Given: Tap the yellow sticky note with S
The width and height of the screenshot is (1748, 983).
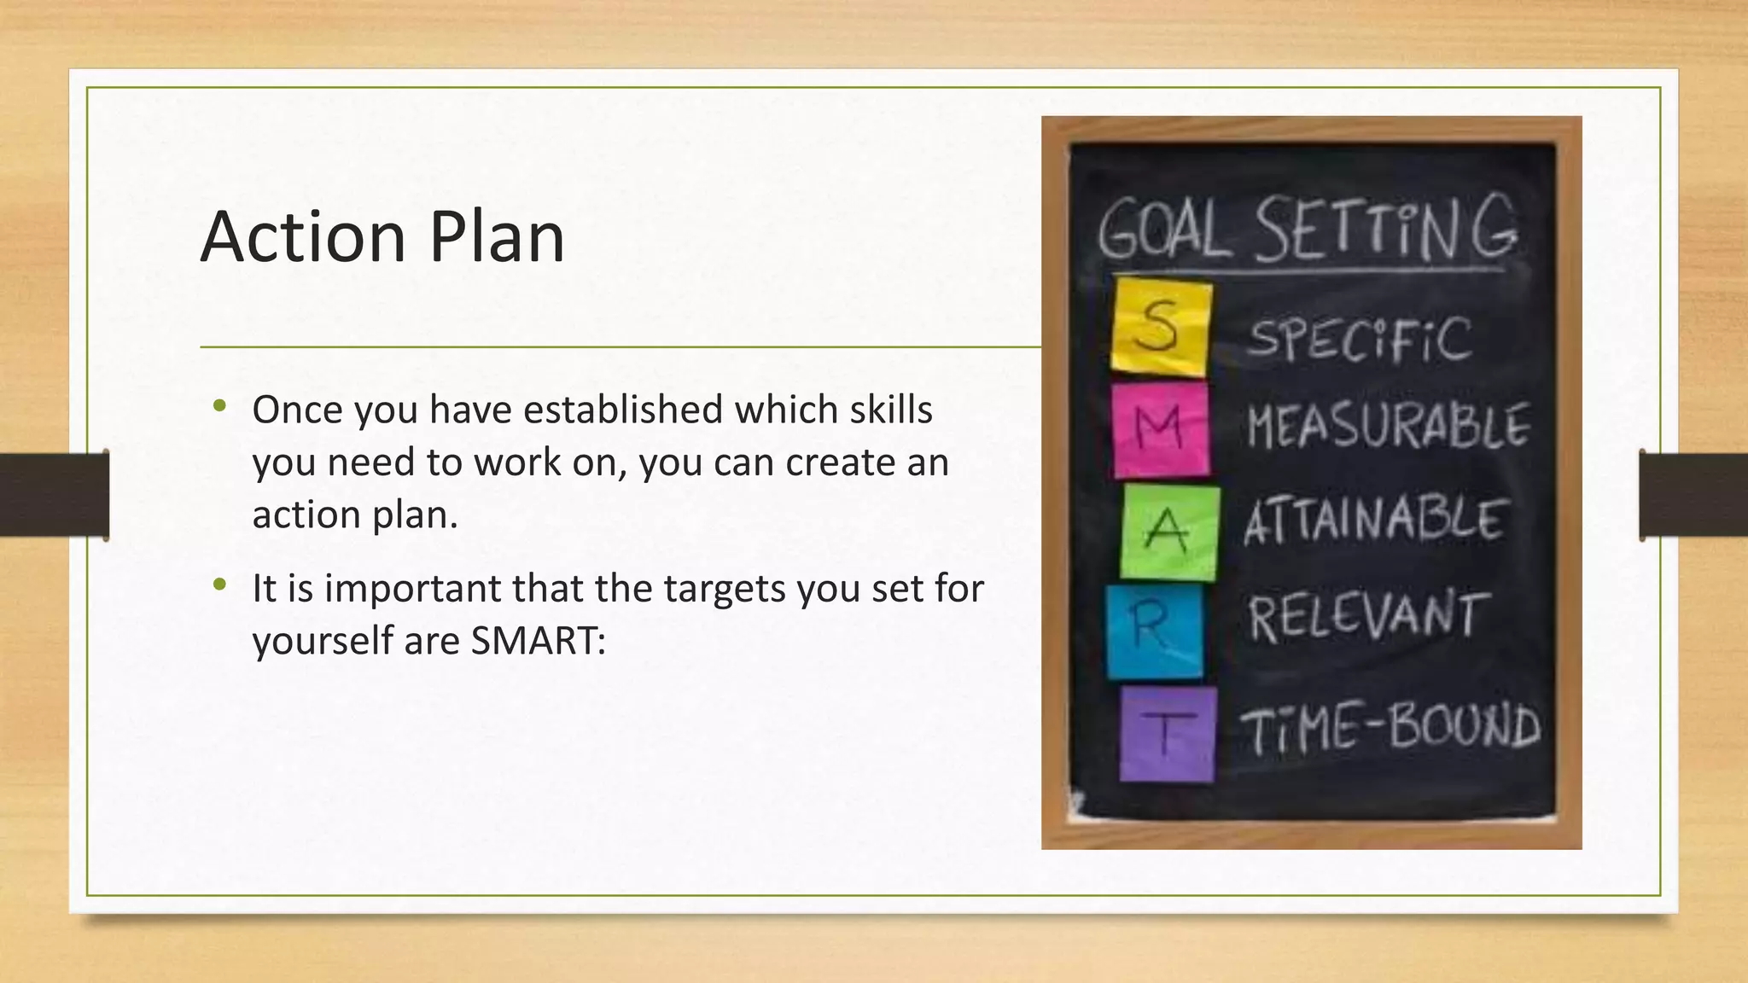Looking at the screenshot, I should pyautogui.click(x=1161, y=327).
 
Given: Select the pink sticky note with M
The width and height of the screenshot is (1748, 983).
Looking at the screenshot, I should pyautogui.click(x=1161, y=429).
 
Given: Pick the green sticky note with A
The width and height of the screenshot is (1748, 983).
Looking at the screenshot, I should pyautogui.click(x=1168, y=532).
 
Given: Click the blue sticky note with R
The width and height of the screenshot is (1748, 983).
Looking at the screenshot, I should pyautogui.click(x=1154, y=631).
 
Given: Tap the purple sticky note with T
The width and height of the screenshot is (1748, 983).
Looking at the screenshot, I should pyautogui.click(x=1167, y=734).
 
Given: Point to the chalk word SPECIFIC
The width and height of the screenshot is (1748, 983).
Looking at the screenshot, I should pyautogui.click(x=1360, y=339).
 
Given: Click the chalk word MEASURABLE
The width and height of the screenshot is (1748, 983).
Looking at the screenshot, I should pyautogui.click(x=1388, y=426).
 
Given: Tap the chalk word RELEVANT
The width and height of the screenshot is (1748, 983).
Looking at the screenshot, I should pyautogui.click(x=1368, y=616).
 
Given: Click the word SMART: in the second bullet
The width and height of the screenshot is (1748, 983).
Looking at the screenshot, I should pyautogui.click(x=538, y=641).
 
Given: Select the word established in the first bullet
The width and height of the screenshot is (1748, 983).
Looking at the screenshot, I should pyautogui.click(x=623, y=410).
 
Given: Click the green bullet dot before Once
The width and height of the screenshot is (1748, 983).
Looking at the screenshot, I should pyautogui.click(x=220, y=406).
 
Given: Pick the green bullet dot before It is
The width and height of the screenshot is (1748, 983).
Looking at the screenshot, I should pyautogui.click(x=220, y=585).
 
